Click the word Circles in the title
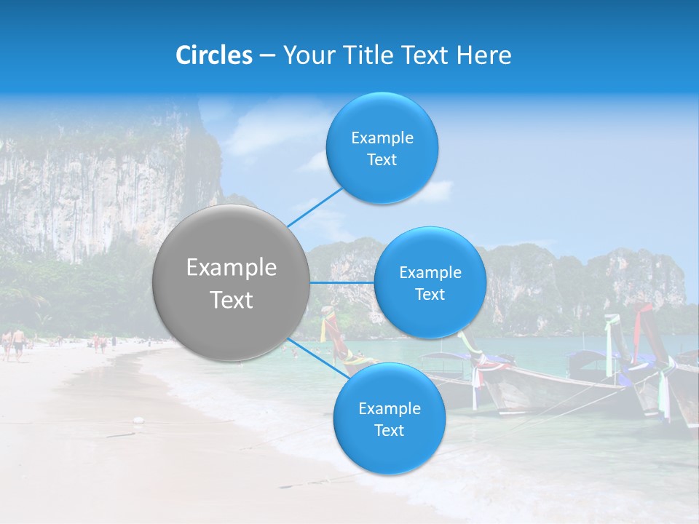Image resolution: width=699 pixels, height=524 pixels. (x=213, y=55)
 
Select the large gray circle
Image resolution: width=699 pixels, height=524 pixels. (x=231, y=282)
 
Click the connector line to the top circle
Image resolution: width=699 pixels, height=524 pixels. (x=315, y=207)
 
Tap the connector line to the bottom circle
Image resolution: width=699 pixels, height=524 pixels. (x=317, y=358)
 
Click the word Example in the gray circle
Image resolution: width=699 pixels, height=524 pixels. (x=232, y=268)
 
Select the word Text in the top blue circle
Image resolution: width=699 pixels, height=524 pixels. (x=382, y=160)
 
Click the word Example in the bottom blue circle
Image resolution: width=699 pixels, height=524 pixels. (x=390, y=409)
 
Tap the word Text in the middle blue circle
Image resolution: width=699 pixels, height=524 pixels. (x=430, y=295)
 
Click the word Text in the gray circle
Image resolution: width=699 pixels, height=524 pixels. (x=232, y=300)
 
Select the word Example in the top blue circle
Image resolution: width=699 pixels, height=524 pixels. (x=382, y=138)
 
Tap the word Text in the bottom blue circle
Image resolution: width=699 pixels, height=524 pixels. (x=389, y=431)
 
